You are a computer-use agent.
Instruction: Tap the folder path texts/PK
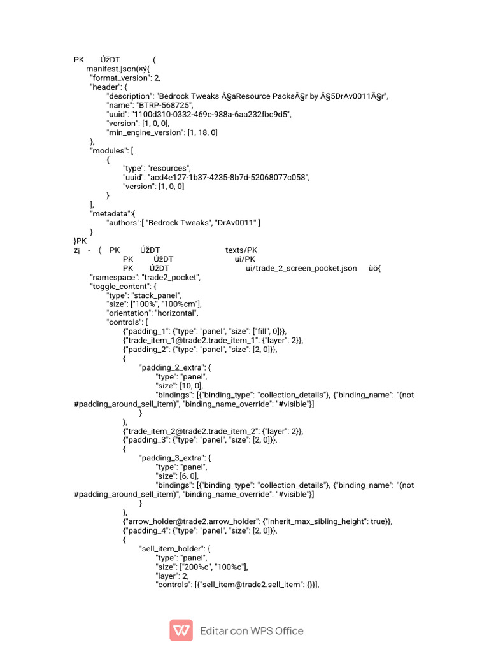click(x=241, y=250)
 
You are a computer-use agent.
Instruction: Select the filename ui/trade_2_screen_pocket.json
click(x=301, y=268)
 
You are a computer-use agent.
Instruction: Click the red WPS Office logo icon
click(x=181, y=630)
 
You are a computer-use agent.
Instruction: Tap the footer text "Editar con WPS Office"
click(x=252, y=631)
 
